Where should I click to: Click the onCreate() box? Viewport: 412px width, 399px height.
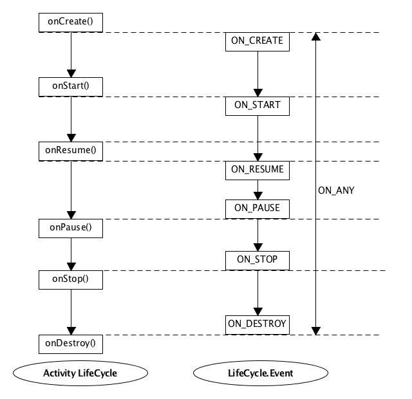(x=71, y=23)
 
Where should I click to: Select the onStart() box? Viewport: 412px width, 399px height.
(x=71, y=87)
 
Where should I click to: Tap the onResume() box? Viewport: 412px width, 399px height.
(x=71, y=151)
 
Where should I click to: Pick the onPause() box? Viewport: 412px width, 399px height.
(x=71, y=228)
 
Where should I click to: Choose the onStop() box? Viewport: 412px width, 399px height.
(x=71, y=280)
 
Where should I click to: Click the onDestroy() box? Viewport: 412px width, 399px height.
(x=71, y=344)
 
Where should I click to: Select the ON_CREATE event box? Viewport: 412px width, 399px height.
(x=257, y=42)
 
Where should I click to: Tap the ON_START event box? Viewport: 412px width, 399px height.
(x=257, y=106)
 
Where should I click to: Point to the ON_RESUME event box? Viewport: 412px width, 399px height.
(x=257, y=171)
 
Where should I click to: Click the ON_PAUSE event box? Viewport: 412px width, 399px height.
(x=257, y=209)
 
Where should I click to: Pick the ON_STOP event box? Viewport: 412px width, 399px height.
(x=257, y=261)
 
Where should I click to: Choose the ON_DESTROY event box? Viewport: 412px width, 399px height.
(x=257, y=325)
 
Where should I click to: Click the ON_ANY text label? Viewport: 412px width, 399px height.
(x=336, y=190)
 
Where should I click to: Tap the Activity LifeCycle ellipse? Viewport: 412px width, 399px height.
(x=80, y=373)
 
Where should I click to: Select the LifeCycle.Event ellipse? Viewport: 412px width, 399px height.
(x=261, y=373)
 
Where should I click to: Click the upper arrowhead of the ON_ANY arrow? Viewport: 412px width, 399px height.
(x=316, y=37)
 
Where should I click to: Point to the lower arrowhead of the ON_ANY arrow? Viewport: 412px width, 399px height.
(x=316, y=331)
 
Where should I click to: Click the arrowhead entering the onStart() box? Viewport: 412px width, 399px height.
(x=71, y=73)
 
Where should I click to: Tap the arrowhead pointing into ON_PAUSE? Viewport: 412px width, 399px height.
(x=257, y=196)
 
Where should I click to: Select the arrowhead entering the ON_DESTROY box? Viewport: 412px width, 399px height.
(x=257, y=311)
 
